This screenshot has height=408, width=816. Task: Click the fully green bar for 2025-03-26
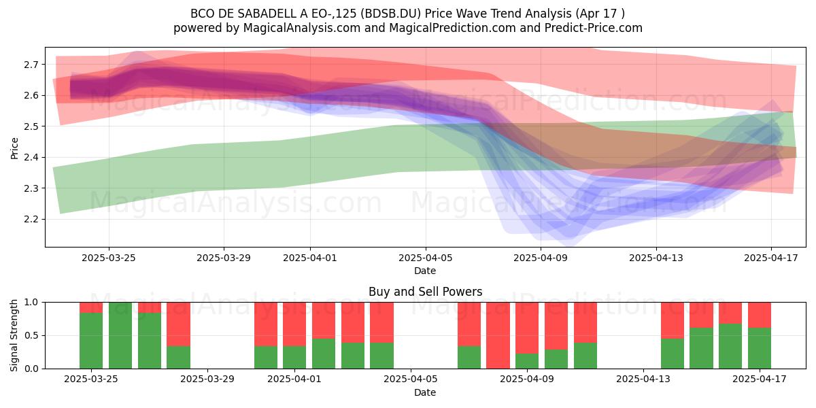point(120,335)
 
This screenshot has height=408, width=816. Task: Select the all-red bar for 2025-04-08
point(498,335)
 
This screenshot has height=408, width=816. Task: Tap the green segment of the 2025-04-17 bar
point(760,348)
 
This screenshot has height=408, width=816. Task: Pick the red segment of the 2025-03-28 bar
point(178,324)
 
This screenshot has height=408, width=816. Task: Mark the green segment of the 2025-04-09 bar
point(527,361)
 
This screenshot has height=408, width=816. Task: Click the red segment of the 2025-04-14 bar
point(673,320)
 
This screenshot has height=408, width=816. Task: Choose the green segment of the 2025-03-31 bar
point(266,358)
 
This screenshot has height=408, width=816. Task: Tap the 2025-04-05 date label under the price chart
point(425,258)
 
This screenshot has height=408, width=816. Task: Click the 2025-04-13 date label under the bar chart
point(643,379)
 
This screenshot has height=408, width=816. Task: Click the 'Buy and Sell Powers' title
point(425,292)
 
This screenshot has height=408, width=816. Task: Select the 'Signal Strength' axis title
point(14,335)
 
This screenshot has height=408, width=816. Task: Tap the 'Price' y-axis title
point(14,148)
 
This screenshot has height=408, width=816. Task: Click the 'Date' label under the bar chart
point(425,392)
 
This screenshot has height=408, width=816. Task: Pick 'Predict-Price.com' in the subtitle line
point(594,28)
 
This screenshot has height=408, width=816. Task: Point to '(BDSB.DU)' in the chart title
point(390,14)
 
